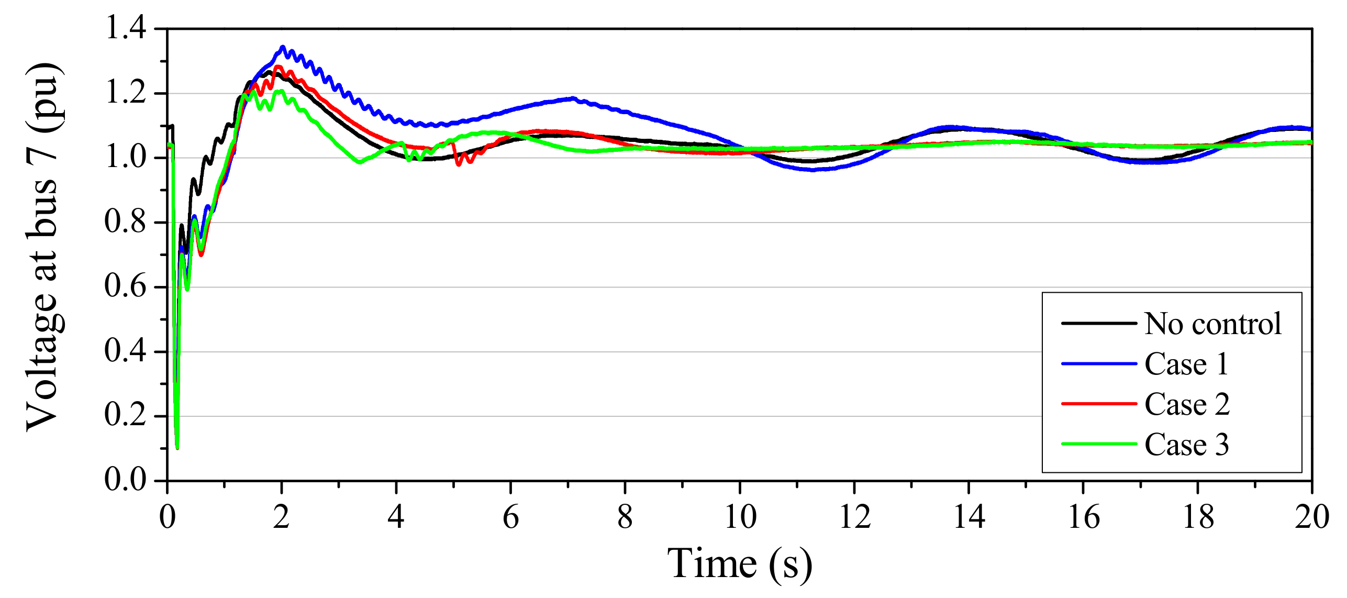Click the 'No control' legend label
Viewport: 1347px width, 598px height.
[1212, 324]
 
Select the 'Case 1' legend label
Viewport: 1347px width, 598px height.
[1186, 364]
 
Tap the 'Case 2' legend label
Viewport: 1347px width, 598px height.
[1187, 404]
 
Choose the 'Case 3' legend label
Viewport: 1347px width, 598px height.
[1186, 445]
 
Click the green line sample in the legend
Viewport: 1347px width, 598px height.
[1098, 444]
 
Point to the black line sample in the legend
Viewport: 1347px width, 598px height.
[1098, 323]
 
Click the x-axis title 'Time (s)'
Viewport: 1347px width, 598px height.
[739, 564]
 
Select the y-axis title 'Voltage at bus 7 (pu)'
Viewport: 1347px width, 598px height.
[44, 246]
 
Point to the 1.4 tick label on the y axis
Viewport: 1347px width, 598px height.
[126, 27]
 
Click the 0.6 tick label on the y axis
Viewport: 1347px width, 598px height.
[126, 286]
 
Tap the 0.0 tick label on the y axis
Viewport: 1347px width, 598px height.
[126, 479]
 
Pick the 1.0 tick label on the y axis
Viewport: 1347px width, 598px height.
[126, 157]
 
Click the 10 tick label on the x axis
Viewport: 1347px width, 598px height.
[740, 517]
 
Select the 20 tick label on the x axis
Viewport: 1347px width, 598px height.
[1311, 517]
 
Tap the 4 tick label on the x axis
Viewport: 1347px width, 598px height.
[396, 517]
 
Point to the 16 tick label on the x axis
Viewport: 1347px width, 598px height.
[1083, 517]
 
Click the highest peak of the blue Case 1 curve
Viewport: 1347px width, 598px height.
[283, 48]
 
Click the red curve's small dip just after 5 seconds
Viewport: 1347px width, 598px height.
[459, 164]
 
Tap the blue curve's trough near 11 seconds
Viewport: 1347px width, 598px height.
[812, 170]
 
